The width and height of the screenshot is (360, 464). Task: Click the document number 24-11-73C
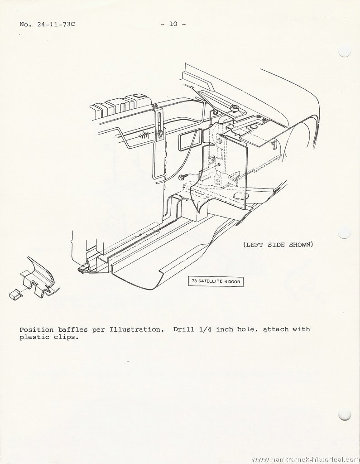point(56,24)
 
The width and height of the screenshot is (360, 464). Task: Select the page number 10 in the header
point(173,24)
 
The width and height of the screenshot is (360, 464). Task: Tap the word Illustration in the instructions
point(136,330)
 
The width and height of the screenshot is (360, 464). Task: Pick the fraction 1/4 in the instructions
point(205,329)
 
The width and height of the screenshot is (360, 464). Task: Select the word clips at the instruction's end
point(67,337)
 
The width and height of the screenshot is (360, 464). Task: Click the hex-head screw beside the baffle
point(182,177)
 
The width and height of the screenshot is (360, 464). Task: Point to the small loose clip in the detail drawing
point(16,295)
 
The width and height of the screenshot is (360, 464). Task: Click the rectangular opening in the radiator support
point(189,139)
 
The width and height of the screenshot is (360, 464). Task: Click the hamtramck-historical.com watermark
point(305,459)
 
